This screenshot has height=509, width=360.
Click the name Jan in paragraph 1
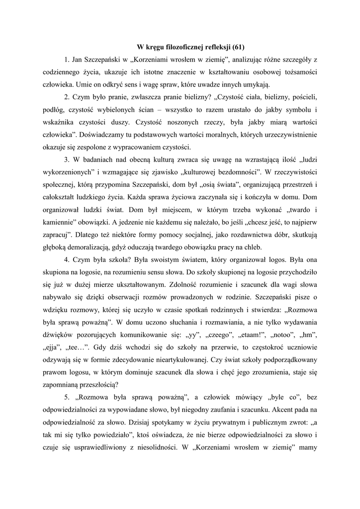(x=80, y=60)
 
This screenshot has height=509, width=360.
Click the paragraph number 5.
(x=67, y=397)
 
